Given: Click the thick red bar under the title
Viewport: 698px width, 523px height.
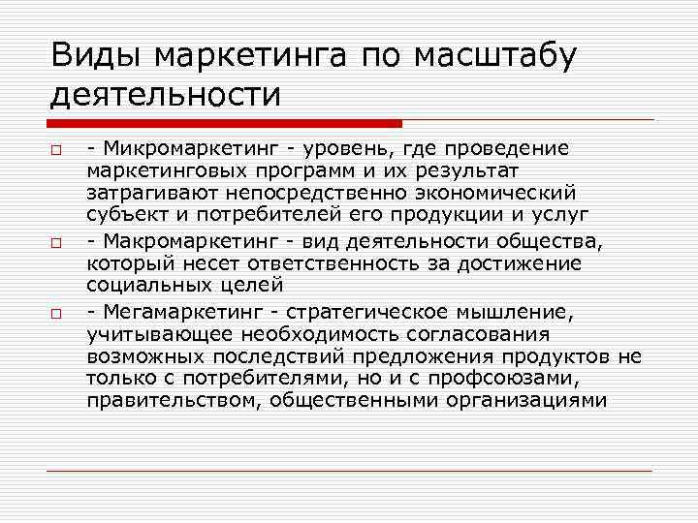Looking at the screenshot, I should (224, 123).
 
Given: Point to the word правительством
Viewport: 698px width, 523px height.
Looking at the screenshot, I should (170, 399).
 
